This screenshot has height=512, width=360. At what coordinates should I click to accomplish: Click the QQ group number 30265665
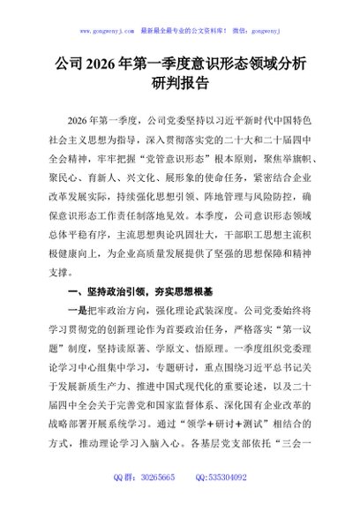point(156,501)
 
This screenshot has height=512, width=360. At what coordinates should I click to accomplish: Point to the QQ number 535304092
point(226,501)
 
